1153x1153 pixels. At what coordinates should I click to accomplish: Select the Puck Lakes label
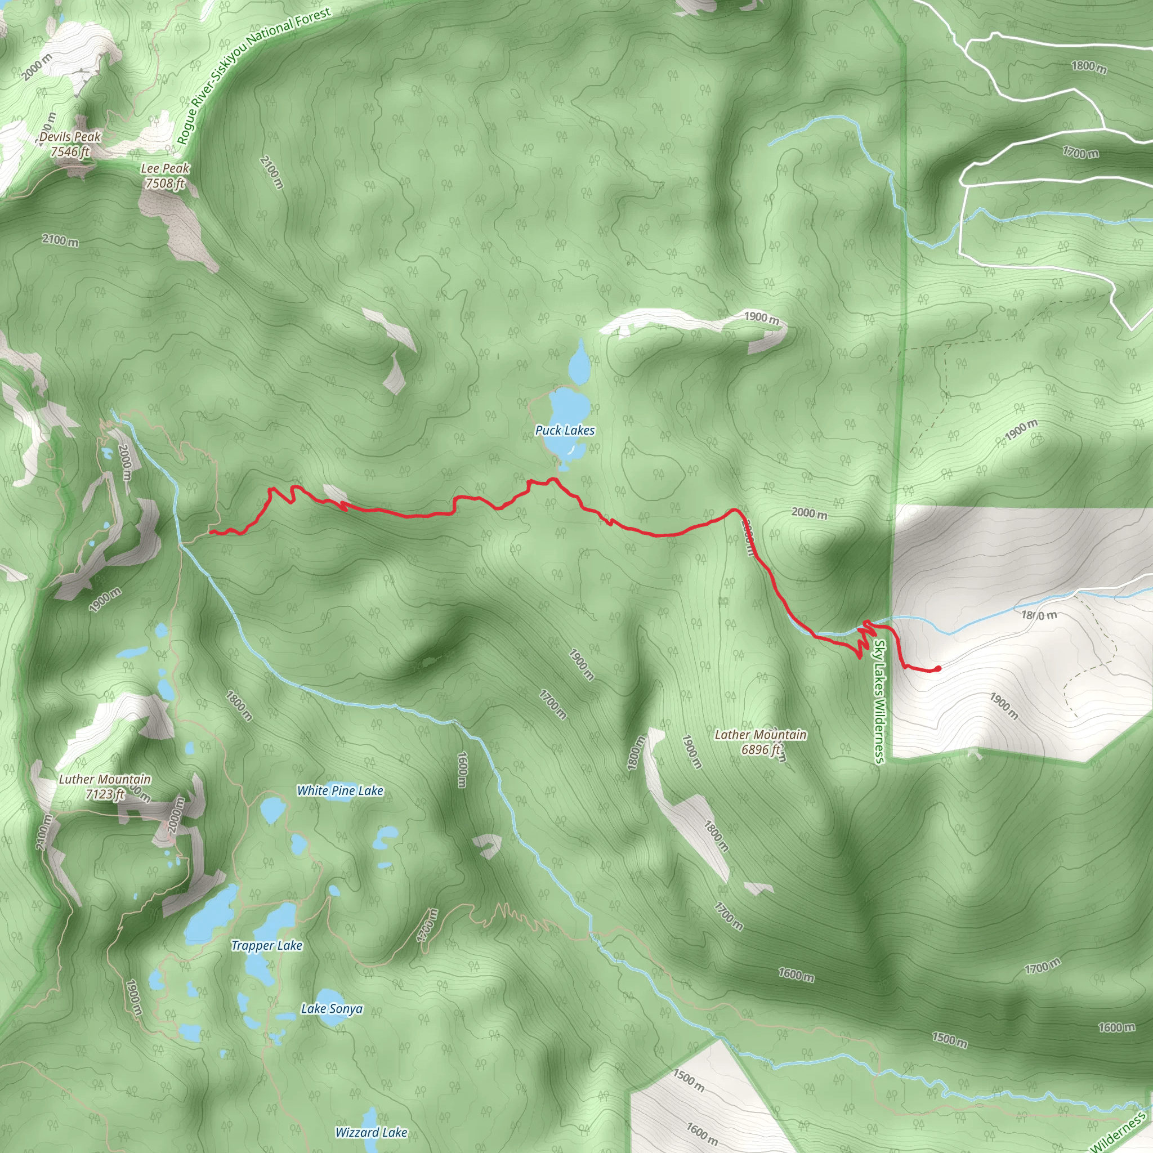pos(565,430)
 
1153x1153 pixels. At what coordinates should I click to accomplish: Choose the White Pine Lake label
pos(340,791)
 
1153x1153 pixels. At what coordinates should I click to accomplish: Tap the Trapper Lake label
pos(267,946)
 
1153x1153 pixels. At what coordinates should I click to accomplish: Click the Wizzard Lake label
pos(371,1133)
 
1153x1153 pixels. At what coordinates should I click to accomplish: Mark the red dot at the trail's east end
pos(938,669)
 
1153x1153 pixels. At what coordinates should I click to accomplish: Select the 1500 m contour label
pos(950,1040)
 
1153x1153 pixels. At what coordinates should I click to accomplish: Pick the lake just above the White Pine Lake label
pos(272,811)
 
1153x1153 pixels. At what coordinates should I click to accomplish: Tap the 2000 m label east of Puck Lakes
pos(809,513)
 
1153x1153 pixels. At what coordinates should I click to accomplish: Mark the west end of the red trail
pos(211,531)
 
